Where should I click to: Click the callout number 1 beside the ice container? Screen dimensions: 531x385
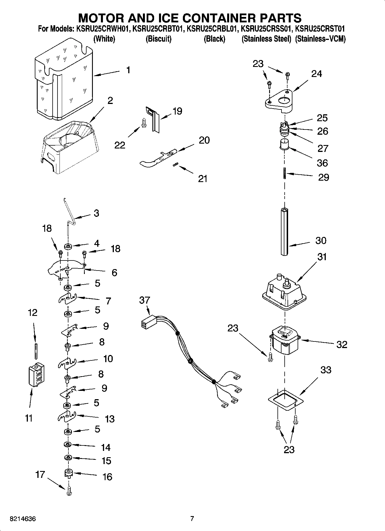(x=128, y=70)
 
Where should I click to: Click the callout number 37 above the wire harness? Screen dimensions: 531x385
(x=144, y=300)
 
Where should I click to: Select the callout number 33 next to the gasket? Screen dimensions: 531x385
(x=325, y=370)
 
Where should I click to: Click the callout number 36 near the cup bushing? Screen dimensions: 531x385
(x=322, y=163)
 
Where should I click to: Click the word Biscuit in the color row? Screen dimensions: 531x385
(x=158, y=39)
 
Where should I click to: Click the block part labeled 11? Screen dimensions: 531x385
(x=36, y=375)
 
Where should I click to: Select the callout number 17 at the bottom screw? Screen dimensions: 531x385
(x=40, y=474)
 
